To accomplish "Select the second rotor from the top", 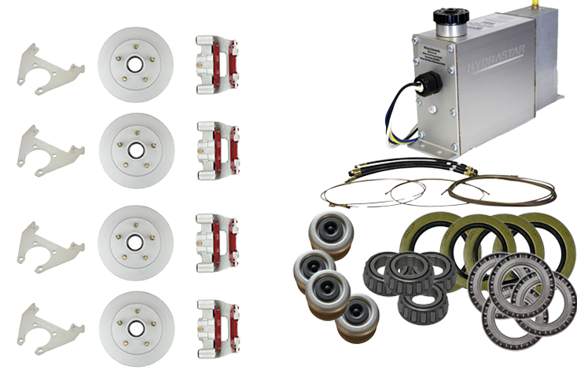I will pos(136,149).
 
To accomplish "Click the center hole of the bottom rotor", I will pos(136,327).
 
